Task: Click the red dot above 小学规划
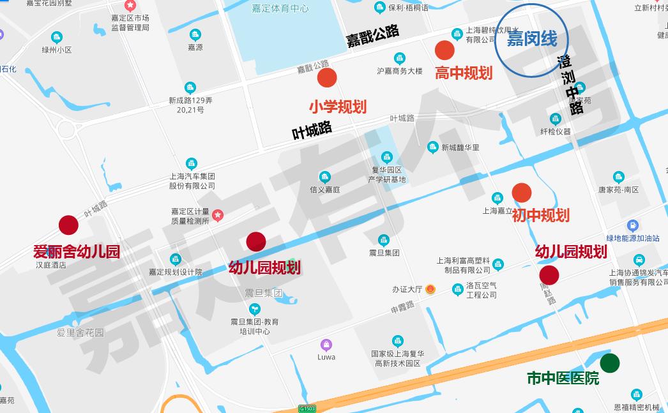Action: tap(327, 78)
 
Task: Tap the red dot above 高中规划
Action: tap(444, 50)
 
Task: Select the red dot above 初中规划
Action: tap(522, 192)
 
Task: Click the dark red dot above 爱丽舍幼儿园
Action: tap(68, 225)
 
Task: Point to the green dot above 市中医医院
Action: tap(610, 363)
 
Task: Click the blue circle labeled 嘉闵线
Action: tap(531, 40)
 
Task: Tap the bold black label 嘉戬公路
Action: tap(373, 36)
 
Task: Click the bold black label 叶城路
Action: tap(312, 130)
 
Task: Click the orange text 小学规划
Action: tap(338, 106)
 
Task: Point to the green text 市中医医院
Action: tap(563, 379)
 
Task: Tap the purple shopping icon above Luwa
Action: tap(326, 345)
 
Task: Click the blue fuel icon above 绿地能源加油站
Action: tap(632, 225)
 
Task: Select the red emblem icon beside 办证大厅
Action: tap(431, 289)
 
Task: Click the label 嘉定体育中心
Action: tap(280, 8)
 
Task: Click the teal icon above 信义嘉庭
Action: tap(324, 177)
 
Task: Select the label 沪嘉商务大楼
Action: tap(399, 71)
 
